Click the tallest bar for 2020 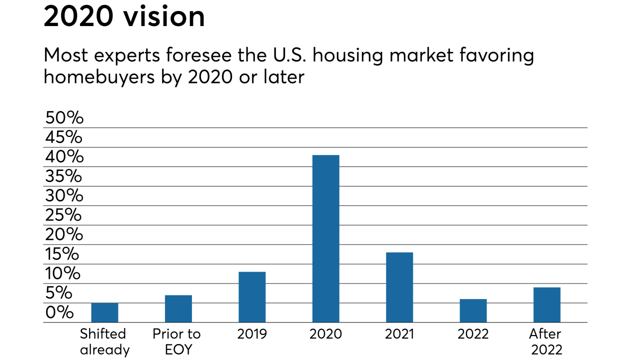click(x=325, y=238)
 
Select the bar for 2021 click(x=399, y=287)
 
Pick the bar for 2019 click(x=252, y=297)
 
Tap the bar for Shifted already click(x=104, y=312)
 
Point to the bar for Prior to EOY click(x=178, y=308)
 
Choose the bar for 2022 click(x=473, y=310)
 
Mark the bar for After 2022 click(x=546, y=304)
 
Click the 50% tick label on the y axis click(x=64, y=118)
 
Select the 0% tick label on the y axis click(x=59, y=312)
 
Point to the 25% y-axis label click(x=63, y=215)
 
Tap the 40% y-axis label click(x=64, y=157)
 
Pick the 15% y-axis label click(x=62, y=254)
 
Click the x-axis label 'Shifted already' click(x=104, y=341)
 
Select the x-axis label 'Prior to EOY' click(x=176, y=341)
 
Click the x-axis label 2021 click(x=399, y=334)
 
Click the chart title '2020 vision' click(x=124, y=17)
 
